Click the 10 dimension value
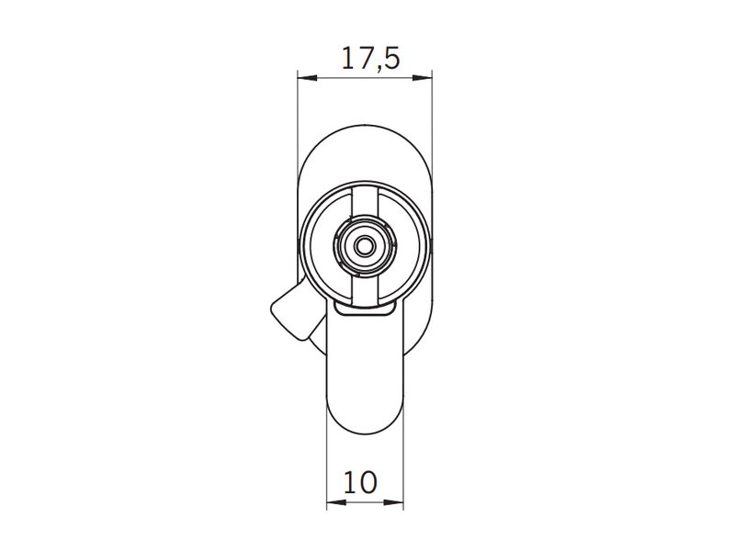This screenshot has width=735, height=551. tap(360, 483)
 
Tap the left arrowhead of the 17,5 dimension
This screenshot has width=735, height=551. tap(308, 78)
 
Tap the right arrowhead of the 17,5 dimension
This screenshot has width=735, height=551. tap(422, 78)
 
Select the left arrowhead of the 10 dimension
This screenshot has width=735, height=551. tap(336, 502)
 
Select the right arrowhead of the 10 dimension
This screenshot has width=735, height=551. tap(394, 502)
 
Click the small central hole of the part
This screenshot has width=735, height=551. tap(364, 245)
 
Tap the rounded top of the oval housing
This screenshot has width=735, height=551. tap(365, 126)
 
